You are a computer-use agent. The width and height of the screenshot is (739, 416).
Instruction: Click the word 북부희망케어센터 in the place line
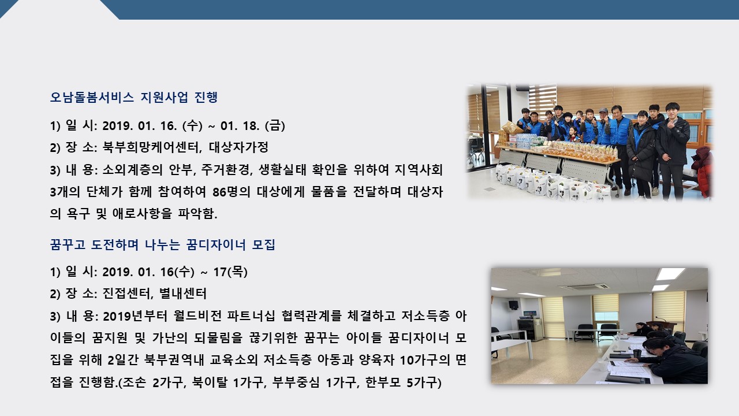click(151, 147)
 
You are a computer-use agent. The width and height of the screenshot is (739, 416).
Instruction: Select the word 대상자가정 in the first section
click(238, 147)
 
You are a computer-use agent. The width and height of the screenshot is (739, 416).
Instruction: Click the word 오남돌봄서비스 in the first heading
click(92, 98)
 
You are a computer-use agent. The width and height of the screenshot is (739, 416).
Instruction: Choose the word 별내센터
click(183, 294)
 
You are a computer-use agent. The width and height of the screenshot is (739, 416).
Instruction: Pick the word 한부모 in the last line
click(383, 382)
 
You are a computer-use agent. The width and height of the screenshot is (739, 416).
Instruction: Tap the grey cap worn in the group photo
click(603, 110)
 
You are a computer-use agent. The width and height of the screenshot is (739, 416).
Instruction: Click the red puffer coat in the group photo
click(703, 171)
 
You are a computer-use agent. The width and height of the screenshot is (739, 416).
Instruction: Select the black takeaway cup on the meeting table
click(637, 353)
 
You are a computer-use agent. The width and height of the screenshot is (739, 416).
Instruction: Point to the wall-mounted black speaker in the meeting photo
click(513, 304)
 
